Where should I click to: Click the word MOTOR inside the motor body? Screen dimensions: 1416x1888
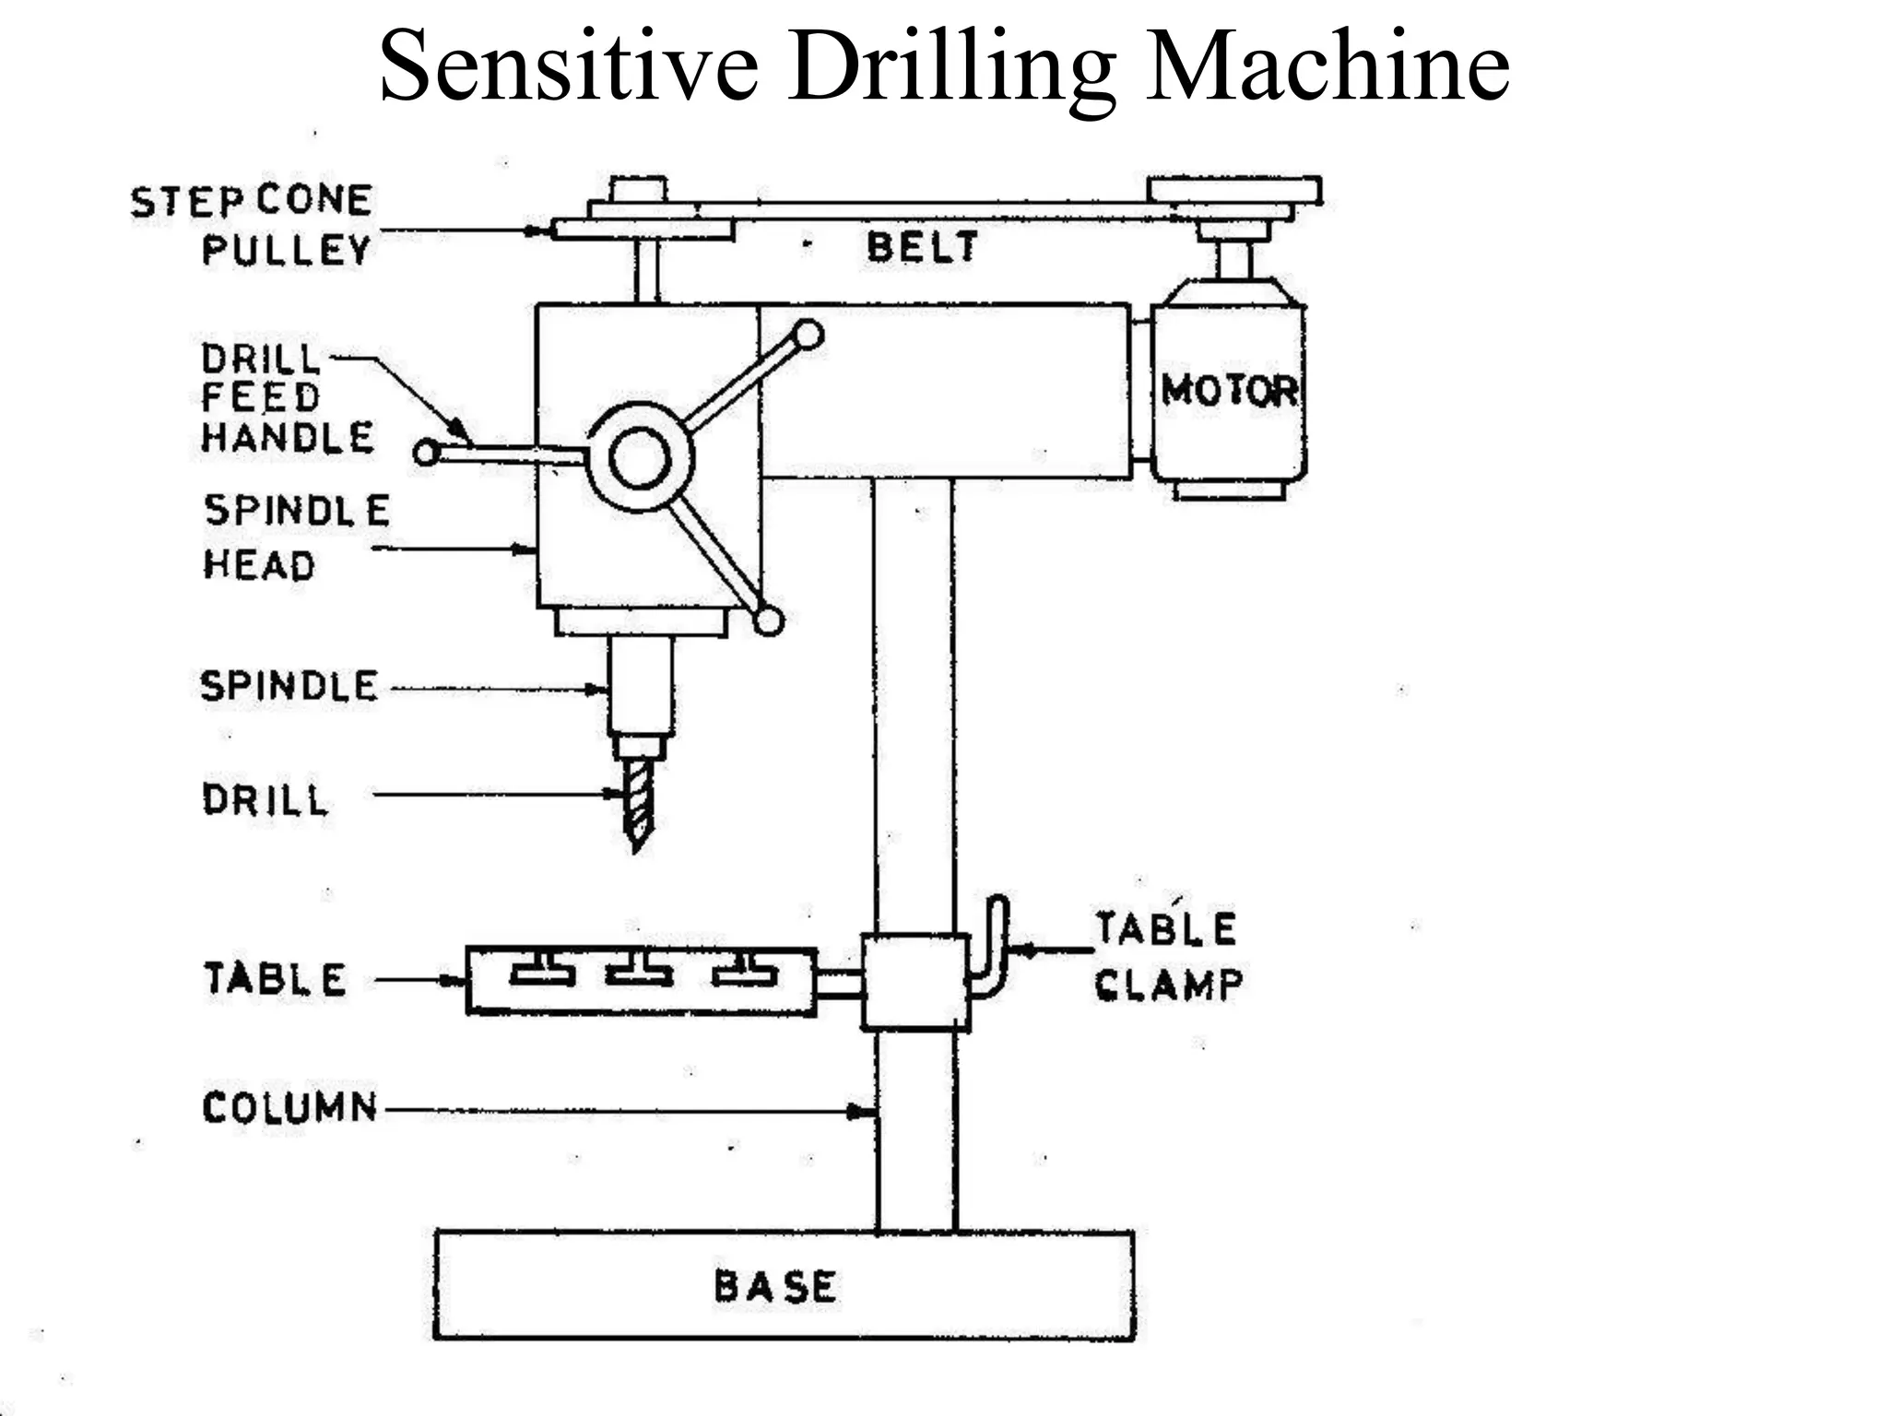pos(1229,390)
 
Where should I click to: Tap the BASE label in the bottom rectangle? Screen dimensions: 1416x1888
pos(775,1287)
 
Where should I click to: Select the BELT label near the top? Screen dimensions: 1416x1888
pos(921,247)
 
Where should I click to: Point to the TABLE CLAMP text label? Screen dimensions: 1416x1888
pos(1167,957)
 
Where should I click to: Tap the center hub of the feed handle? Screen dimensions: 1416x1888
pos(640,458)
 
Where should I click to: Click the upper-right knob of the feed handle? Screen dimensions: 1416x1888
pos(808,335)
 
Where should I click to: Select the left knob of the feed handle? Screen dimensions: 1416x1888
pos(426,453)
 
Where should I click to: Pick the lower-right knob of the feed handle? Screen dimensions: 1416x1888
pos(768,621)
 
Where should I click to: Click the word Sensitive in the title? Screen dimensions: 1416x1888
pos(569,66)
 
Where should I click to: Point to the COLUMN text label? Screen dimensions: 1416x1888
pos(289,1107)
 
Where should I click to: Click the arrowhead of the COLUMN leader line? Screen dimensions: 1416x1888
pos(863,1113)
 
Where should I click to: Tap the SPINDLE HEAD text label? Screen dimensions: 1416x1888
pos(295,537)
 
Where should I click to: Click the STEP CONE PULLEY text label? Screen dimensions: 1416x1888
pos(252,225)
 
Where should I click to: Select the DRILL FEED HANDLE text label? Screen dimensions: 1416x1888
pos(287,398)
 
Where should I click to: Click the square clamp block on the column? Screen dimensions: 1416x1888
pos(915,982)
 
